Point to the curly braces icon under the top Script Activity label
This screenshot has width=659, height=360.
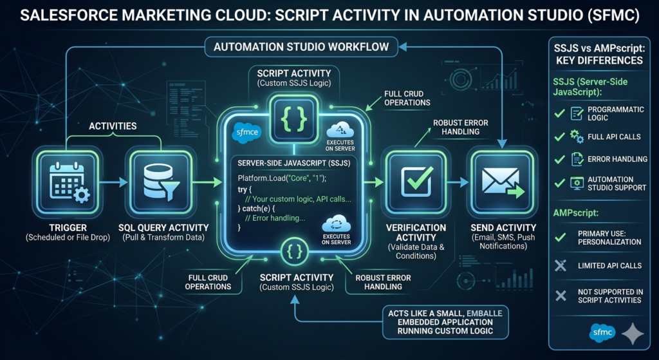tap(293, 118)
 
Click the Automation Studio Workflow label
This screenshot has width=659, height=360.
tap(301, 46)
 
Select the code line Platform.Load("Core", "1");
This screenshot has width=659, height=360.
tap(282, 178)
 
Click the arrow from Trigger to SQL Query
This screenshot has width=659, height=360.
tap(113, 182)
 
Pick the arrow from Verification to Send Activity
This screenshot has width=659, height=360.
tap(458, 182)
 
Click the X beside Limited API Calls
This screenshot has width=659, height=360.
tap(561, 265)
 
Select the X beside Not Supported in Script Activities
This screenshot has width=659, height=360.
tap(561, 296)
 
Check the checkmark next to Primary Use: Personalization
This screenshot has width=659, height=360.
tap(560, 238)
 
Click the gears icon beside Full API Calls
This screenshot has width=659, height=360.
tap(576, 137)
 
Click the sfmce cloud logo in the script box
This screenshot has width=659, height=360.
tap(246, 133)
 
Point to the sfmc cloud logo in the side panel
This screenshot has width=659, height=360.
tap(602, 333)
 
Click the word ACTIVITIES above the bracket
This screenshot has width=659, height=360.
tap(113, 126)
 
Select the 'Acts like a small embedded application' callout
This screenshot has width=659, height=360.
tap(445, 322)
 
